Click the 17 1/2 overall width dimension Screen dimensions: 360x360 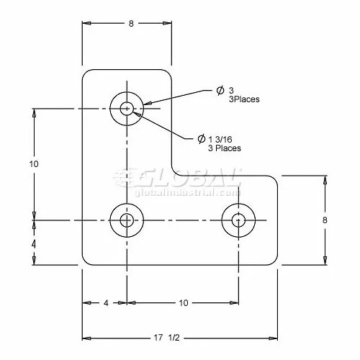pyautogui.click(x=166, y=338)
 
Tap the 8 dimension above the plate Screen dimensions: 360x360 pyautogui.click(x=131, y=24)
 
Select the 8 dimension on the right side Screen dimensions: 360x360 pyautogui.click(x=325, y=220)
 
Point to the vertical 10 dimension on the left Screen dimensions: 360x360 pyautogui.click(x=34, y=164)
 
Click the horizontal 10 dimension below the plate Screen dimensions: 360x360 pyautogui.click(x=184, y=303)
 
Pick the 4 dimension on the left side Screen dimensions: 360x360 pyautogui.click(x=34, y=244)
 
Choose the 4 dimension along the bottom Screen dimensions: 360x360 pyautogui.click(x=106, y=303)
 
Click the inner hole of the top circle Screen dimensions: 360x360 pyautogui.click(x=127, y=109)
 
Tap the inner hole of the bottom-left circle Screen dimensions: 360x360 pyautogui.click(x=127, y=220)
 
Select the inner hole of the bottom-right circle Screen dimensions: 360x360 pyautogui.click(x=238, y=220)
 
